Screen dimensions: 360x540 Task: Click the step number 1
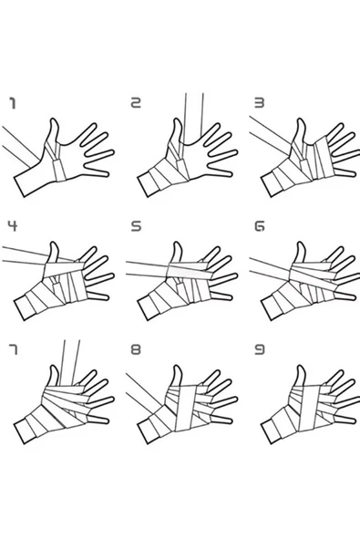click(x=13, y=103)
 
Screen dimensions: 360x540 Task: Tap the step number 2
click(x=136, y=103)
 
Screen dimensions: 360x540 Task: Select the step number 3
click(x=260, y=103)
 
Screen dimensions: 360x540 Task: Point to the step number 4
click(x=13, y=226)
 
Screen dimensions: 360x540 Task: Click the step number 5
click(x=137, y=226)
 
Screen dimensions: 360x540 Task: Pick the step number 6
click(x=260, y=226)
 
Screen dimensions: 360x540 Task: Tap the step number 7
click(x=13, y=350)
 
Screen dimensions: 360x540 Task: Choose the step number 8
click(x=136, y=350)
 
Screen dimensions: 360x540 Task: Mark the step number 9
click(x=260, y=350)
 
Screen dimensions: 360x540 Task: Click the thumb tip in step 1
click(x=54, y=119)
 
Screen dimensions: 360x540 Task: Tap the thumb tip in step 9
click(x=301, y=367)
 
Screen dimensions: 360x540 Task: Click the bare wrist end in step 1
click(x=20, y=187)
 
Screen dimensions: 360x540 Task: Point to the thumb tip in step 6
click(x=301, y=244)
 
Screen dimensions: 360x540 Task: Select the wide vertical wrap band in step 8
click(x=186, y=408)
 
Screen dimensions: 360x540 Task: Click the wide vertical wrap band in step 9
click(x=309, y=408)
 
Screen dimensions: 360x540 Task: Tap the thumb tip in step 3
click(x=301, y=119)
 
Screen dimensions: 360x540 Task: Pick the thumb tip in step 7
click(x=54, y=367)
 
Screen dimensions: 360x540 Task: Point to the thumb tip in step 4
click(x=54, y=244)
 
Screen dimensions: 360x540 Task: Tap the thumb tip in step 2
click(x=177, y=119)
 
